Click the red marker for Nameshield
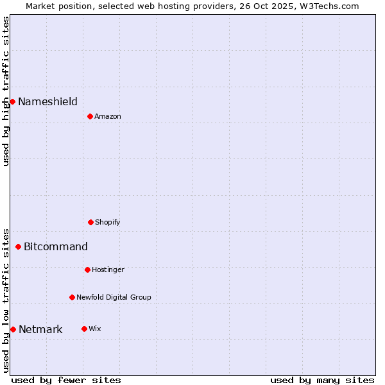[x=12, y=101]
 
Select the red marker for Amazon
[x=90, y=116]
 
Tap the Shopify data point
[x=90, y=222]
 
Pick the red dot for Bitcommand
[x=18, y=246]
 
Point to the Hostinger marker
[x=87, y=269]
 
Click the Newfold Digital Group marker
[x=72, y=297]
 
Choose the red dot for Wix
[x=84, y=329]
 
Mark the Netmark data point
[x=13, y=329]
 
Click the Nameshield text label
[x=47, y=101]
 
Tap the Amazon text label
[x=108, y=116]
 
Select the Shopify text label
[x=108, y=222]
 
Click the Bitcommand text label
[x=56, y=246]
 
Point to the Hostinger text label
[x=108, y=269]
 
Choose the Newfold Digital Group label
[x=114, y=297]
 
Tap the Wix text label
[x=95, y=329]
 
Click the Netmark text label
[x=40, y=330]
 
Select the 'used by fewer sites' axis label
[x=66, y=380]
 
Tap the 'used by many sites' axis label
[x=322, y=380]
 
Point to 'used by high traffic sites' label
[x=6, y=91]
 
